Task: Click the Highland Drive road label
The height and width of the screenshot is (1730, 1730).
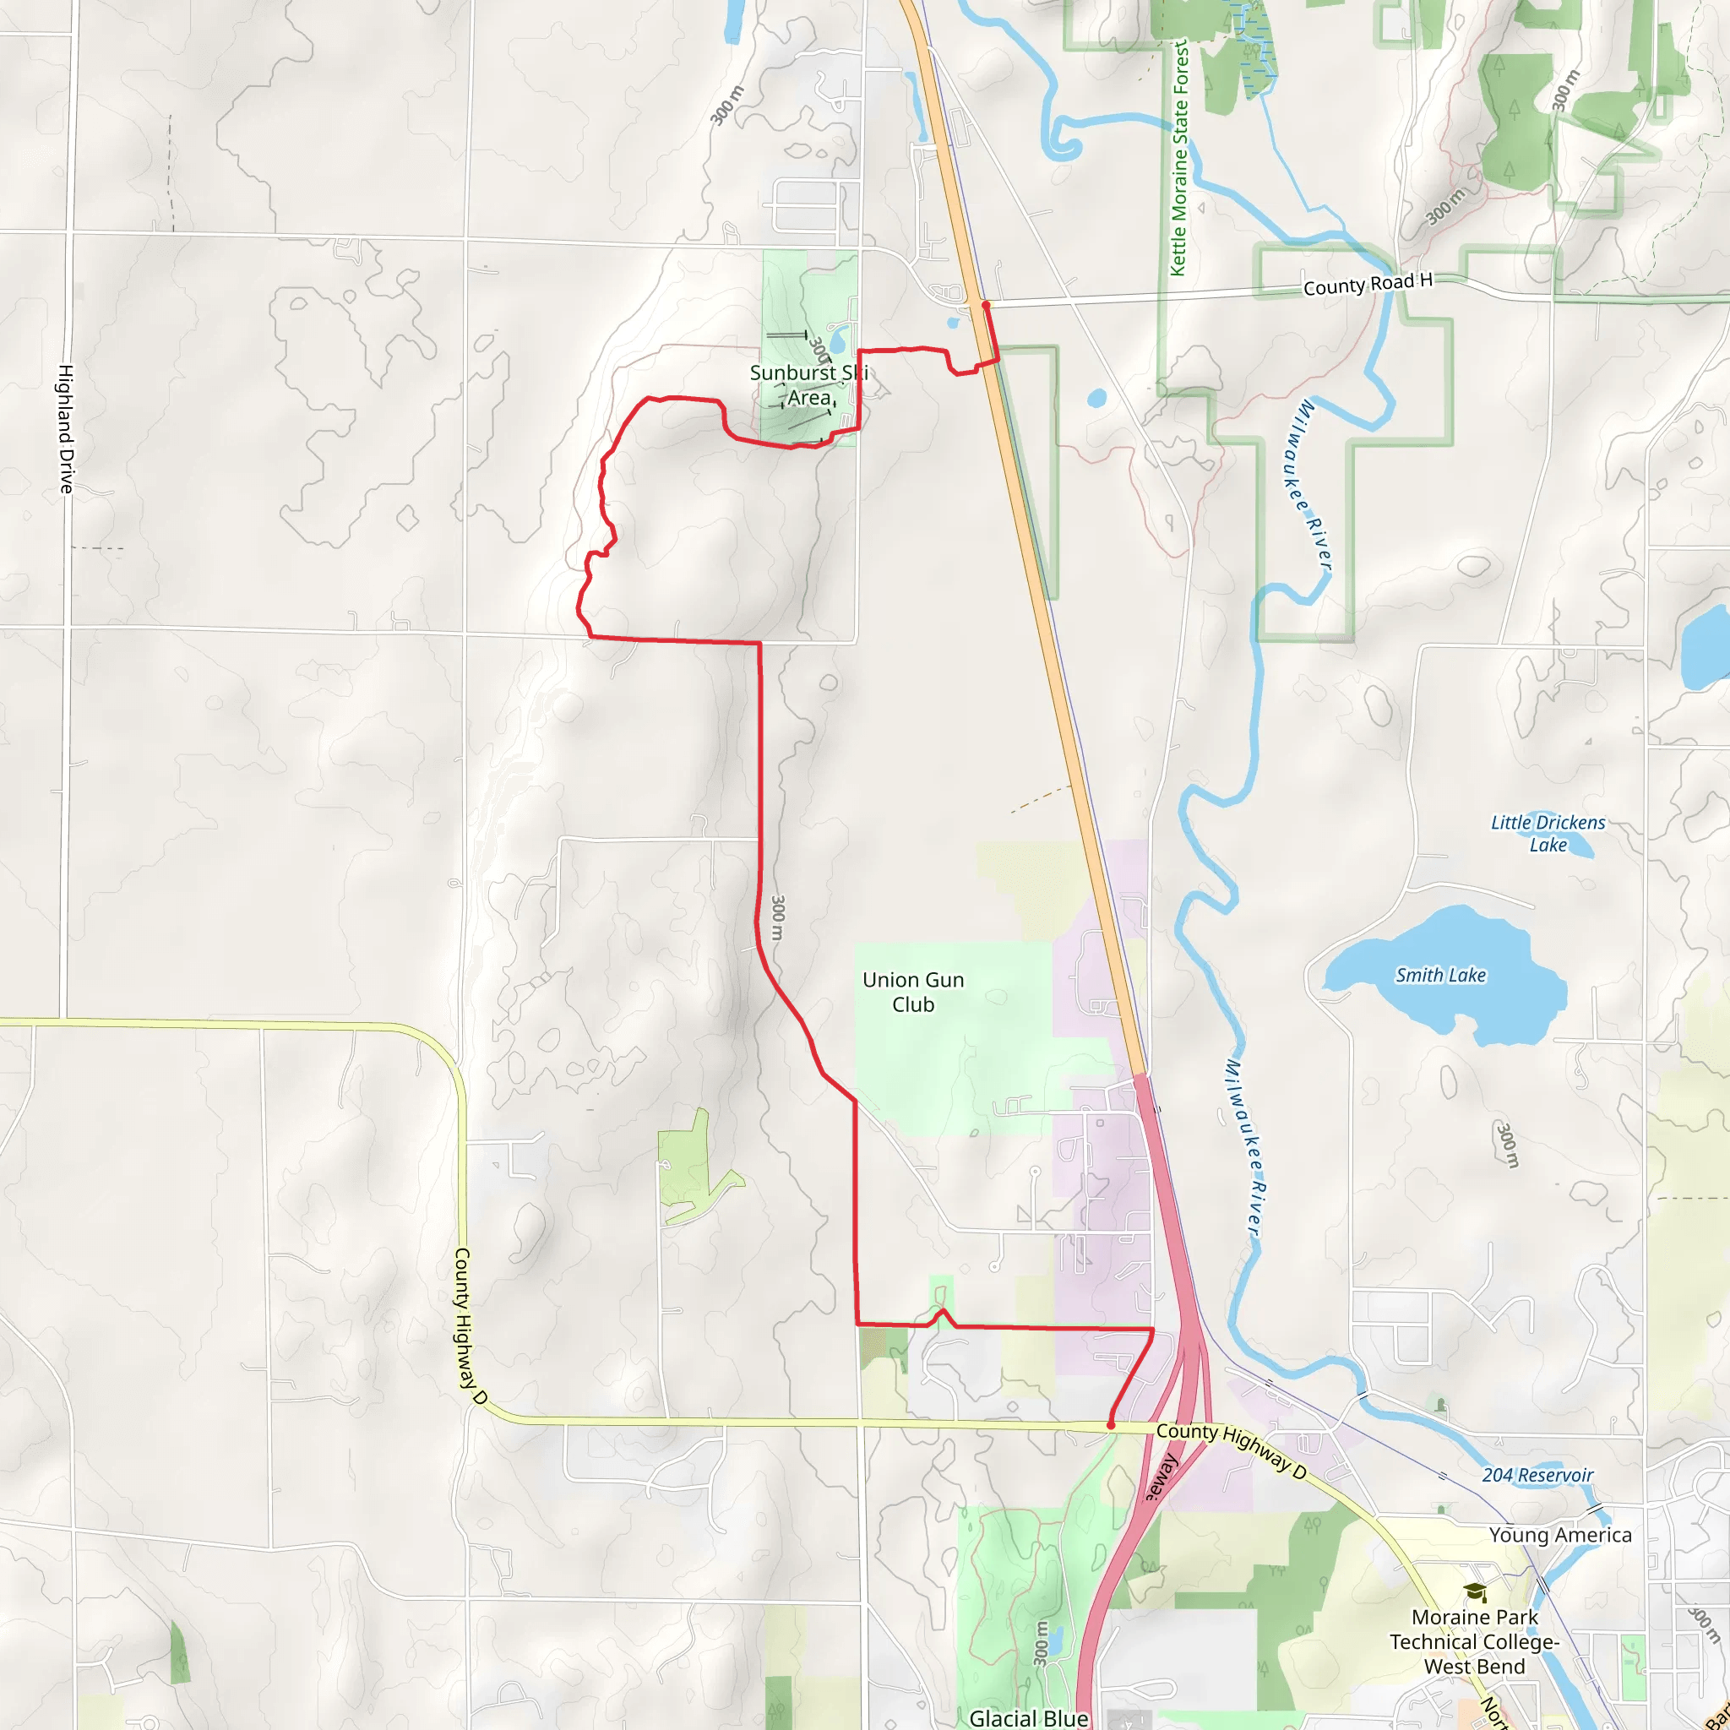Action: click(x=66, y=428)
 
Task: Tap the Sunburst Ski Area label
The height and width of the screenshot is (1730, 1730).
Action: click(x=808, y=385)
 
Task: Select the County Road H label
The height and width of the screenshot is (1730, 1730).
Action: click(x=1368, y=285)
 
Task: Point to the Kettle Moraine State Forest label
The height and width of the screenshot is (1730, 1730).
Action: click(x=1179, y=158)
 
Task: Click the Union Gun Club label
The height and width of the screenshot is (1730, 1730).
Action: click(x=912, y=993)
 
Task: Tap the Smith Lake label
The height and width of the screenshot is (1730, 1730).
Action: click(x=1440, y=975)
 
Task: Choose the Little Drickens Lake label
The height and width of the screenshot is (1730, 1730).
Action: click(x=1548, y=833)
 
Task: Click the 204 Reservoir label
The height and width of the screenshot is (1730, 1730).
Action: click(x=1537, y=1475)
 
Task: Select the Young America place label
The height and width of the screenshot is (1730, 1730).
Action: click(x=1560, y=1535)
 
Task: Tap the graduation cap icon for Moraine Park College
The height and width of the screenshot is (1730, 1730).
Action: click(x=1475, y=1593)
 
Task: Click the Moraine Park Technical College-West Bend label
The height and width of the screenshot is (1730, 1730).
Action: click(x=1474, y=1641)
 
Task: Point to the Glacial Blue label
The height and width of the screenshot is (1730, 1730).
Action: click(x=1029, y=1717)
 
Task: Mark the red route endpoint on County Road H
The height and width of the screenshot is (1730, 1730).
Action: click(x=985, y=305)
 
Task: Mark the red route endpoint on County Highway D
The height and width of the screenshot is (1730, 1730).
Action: click(x=1110, y=1425)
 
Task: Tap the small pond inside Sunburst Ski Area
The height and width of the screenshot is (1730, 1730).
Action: click(x=839, y=340)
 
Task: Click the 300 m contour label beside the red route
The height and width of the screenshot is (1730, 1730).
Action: click(x=777, y=918)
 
